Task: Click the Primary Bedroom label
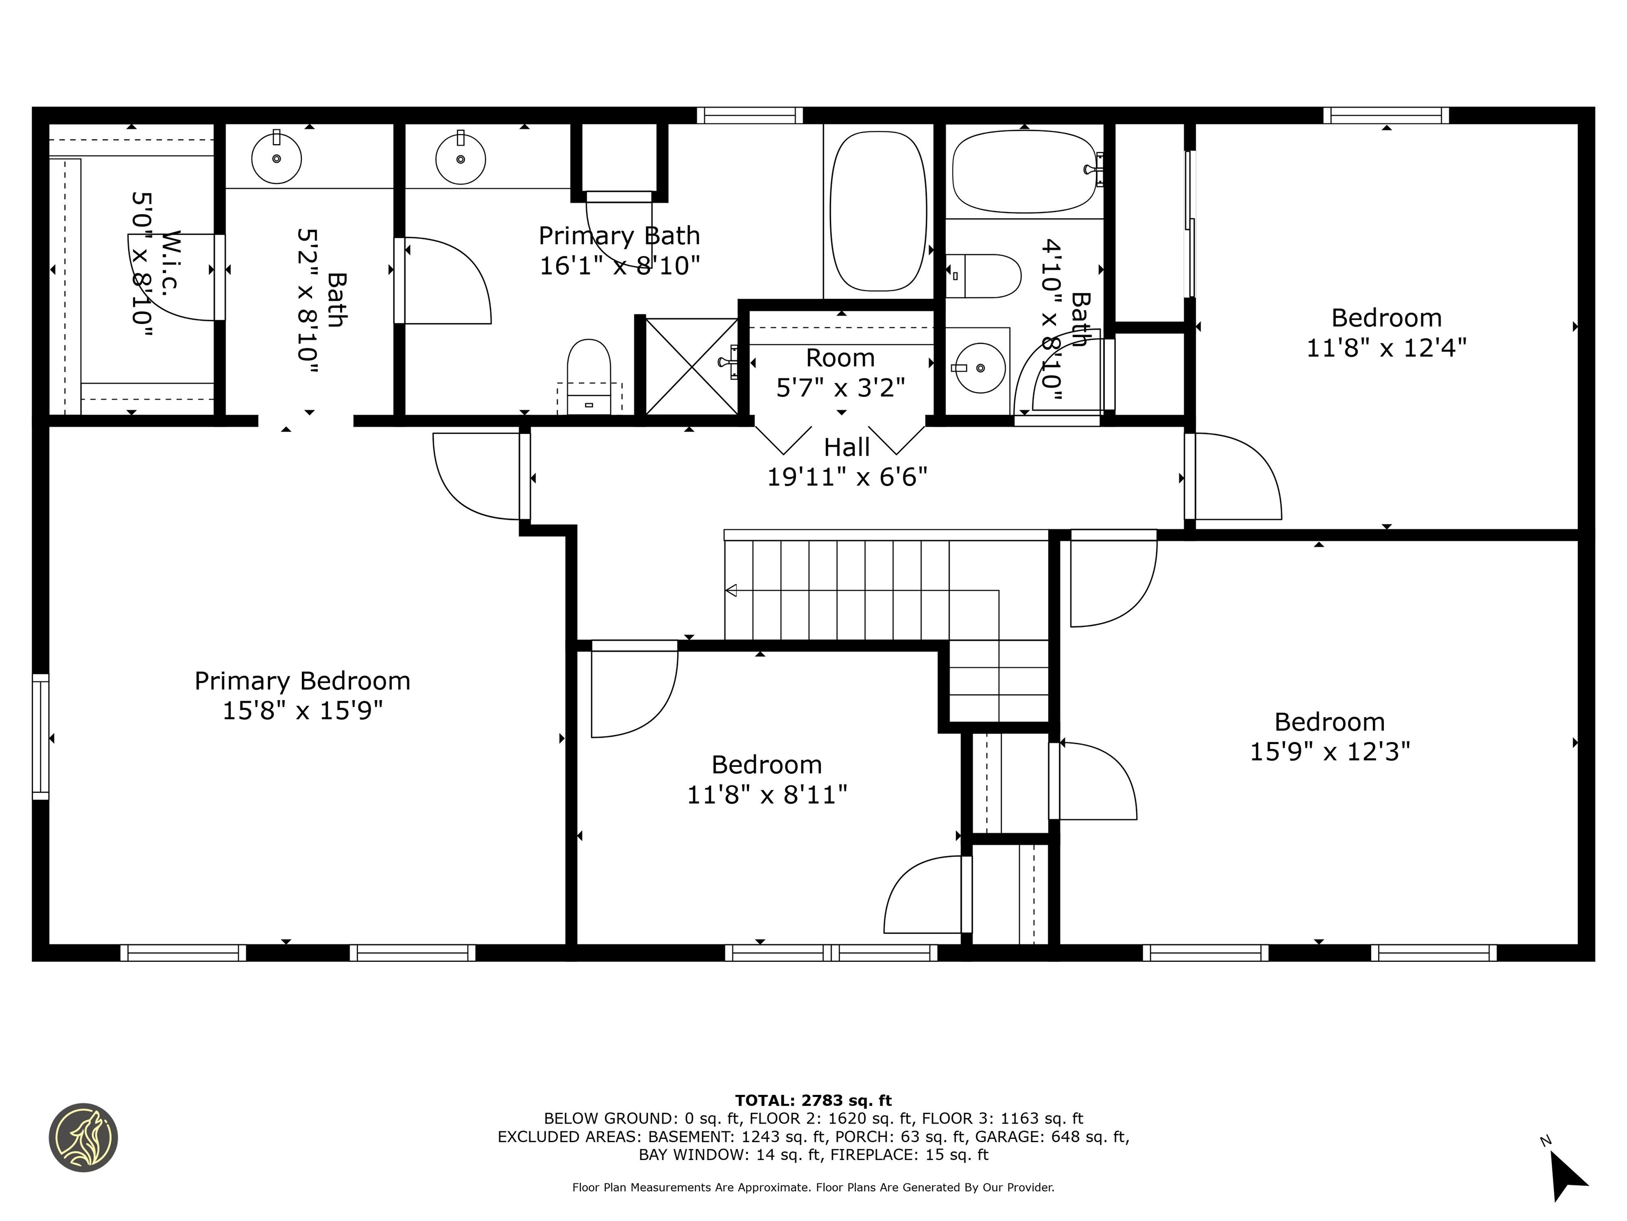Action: coord(302,682)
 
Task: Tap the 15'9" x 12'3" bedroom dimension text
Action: coord(1330,751)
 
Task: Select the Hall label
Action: coord(846,447)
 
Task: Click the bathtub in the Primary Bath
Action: coord(878,211)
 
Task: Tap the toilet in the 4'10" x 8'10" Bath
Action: coord(984,276)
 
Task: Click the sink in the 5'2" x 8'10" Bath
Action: coord(276,157)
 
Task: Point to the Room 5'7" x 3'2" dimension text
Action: coord(840,387)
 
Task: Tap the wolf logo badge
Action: coord(83,1137)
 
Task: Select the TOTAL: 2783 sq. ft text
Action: coord(813,1100)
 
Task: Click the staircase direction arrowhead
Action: coord(731,590)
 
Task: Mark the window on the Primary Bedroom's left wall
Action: coord(40,737)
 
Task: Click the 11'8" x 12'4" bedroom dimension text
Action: coord(1387,348)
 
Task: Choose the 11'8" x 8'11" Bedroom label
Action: coord(766,765)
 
